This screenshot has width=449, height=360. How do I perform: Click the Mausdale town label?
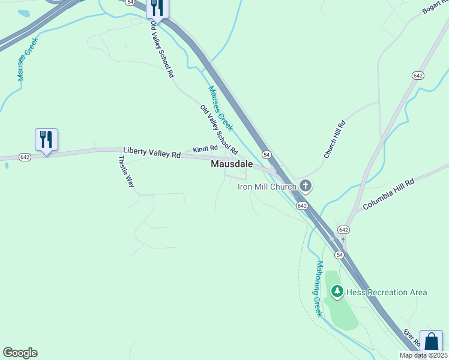coord(231,164)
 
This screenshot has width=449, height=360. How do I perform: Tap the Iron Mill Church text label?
coord(267,187)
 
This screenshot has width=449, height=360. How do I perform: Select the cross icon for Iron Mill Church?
coord(306,186)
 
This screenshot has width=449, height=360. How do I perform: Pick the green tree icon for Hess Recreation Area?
coord(337,292)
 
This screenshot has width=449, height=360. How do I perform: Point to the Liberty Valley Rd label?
coord(152,154)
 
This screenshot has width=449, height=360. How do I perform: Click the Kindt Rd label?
coord(205,148)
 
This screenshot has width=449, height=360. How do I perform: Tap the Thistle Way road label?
coord(127,172)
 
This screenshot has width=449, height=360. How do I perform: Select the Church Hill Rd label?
coord(335,139)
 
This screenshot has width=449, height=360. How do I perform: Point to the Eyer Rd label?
coord(412,337)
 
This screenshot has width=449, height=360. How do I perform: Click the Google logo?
coord(20,353)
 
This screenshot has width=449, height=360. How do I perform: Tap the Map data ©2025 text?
coord(423,355)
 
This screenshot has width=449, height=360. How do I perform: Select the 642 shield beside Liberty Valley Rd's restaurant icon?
coord(25,157)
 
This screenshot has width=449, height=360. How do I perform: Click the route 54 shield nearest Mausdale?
coord(265,155)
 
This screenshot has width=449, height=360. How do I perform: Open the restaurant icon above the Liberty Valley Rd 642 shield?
coord(46,140)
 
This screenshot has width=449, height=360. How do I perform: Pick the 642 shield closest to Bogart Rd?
coord(418,75)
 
